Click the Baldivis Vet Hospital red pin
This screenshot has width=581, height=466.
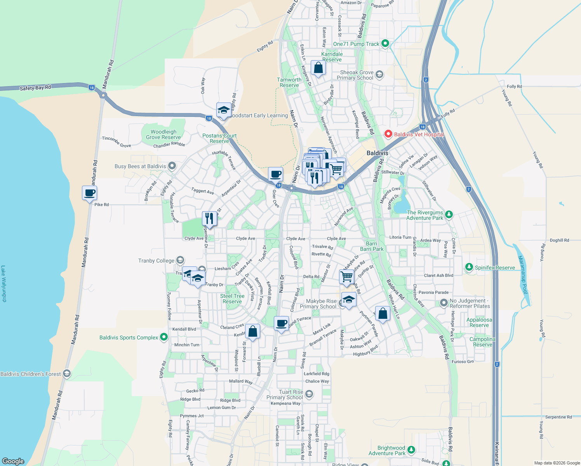388,134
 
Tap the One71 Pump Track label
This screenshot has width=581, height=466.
356,44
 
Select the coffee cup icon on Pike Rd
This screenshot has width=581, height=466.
89,193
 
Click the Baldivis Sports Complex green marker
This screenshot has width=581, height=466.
164,337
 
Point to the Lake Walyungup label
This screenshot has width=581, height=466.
3,283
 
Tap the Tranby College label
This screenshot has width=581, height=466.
156,261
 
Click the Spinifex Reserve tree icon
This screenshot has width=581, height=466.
469,267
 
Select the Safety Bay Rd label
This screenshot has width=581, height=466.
35,88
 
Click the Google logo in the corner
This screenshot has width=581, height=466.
13,461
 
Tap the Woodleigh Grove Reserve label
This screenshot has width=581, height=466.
164,134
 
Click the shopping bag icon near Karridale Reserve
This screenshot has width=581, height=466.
318,68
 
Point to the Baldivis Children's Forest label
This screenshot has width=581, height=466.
31,374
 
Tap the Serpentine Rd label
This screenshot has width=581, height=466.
558,417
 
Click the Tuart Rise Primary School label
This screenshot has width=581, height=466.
285,395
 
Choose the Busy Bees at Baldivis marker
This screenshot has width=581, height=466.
172,166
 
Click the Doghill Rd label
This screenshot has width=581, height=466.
559,240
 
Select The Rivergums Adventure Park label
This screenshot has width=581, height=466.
424,215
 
